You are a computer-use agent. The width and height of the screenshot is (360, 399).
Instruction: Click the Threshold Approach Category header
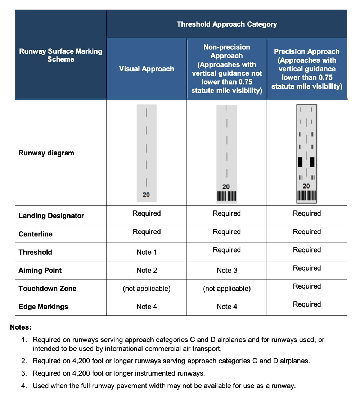(227, 24)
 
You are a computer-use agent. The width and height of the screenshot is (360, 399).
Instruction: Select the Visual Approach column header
(147, 69)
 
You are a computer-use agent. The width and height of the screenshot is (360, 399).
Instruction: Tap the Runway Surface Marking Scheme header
(60, 55)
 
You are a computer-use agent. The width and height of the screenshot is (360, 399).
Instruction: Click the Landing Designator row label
(51, 216)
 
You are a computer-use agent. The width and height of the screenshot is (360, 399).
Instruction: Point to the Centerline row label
(35, 234)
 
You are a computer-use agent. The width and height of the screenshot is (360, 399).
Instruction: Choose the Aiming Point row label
(40, 271)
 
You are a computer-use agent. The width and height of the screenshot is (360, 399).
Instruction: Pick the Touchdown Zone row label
(48, 289)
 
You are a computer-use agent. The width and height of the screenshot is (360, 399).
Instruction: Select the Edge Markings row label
(43, 307)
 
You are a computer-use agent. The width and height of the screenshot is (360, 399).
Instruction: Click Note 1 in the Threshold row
(147, 252)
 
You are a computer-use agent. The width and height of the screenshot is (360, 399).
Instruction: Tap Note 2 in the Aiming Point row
(147, 271)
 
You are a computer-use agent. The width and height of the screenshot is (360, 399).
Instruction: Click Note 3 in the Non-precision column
(227, 271)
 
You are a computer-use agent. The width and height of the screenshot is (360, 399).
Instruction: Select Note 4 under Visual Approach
(147, 307)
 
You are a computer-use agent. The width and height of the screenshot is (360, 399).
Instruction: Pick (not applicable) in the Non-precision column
(227, 289)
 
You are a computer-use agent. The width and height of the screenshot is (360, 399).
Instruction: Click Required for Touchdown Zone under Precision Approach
(307, 286)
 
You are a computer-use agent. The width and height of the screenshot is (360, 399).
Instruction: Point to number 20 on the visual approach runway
(146, 195)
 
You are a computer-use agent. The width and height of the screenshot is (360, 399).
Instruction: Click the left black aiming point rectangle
(300, 162)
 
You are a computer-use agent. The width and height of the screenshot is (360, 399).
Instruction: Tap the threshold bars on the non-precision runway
(226, 196)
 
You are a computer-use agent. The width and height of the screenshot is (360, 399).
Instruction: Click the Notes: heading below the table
(21, 327)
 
